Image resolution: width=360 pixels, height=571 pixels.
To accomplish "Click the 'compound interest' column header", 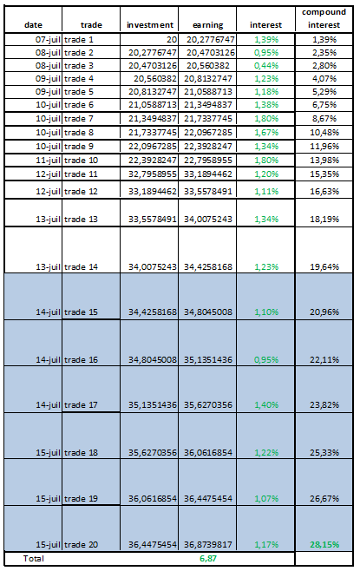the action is pos(324,18).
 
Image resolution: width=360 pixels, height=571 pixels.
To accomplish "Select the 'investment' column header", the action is pos(149,25).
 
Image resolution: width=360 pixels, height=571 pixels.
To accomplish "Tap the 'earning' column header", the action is pos(208,25).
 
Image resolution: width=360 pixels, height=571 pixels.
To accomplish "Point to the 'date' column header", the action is pos(33,25).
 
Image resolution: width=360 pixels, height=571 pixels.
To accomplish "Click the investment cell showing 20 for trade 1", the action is pos(172,40).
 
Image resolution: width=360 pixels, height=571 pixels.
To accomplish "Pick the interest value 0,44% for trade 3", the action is pos(266,66).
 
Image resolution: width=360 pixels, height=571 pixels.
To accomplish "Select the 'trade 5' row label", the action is pos(79,92).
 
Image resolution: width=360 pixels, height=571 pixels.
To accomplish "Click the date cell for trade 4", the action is pos(48,79).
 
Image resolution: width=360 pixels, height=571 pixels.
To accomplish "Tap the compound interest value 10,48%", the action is pos(324,133).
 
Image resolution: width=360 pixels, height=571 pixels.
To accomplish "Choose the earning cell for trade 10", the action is pos(208,161).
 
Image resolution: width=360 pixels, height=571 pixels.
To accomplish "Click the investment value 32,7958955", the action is pos(152,174).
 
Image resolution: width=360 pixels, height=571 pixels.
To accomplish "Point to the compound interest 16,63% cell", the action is pos(324,192).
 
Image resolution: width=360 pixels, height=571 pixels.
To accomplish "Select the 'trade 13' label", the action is pos(82,220).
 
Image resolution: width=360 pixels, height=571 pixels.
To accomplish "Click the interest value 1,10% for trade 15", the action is pos(266,312).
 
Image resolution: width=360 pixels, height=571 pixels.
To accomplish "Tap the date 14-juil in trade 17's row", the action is pos(48,405).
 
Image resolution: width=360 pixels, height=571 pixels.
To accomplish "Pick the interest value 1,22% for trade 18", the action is pos(266,453).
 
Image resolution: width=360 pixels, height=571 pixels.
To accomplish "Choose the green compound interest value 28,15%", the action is pos(324,545).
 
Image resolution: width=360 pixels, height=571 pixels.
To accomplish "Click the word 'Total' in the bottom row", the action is pos(34,559).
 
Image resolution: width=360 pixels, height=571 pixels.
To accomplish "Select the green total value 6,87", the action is pos(208,559).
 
